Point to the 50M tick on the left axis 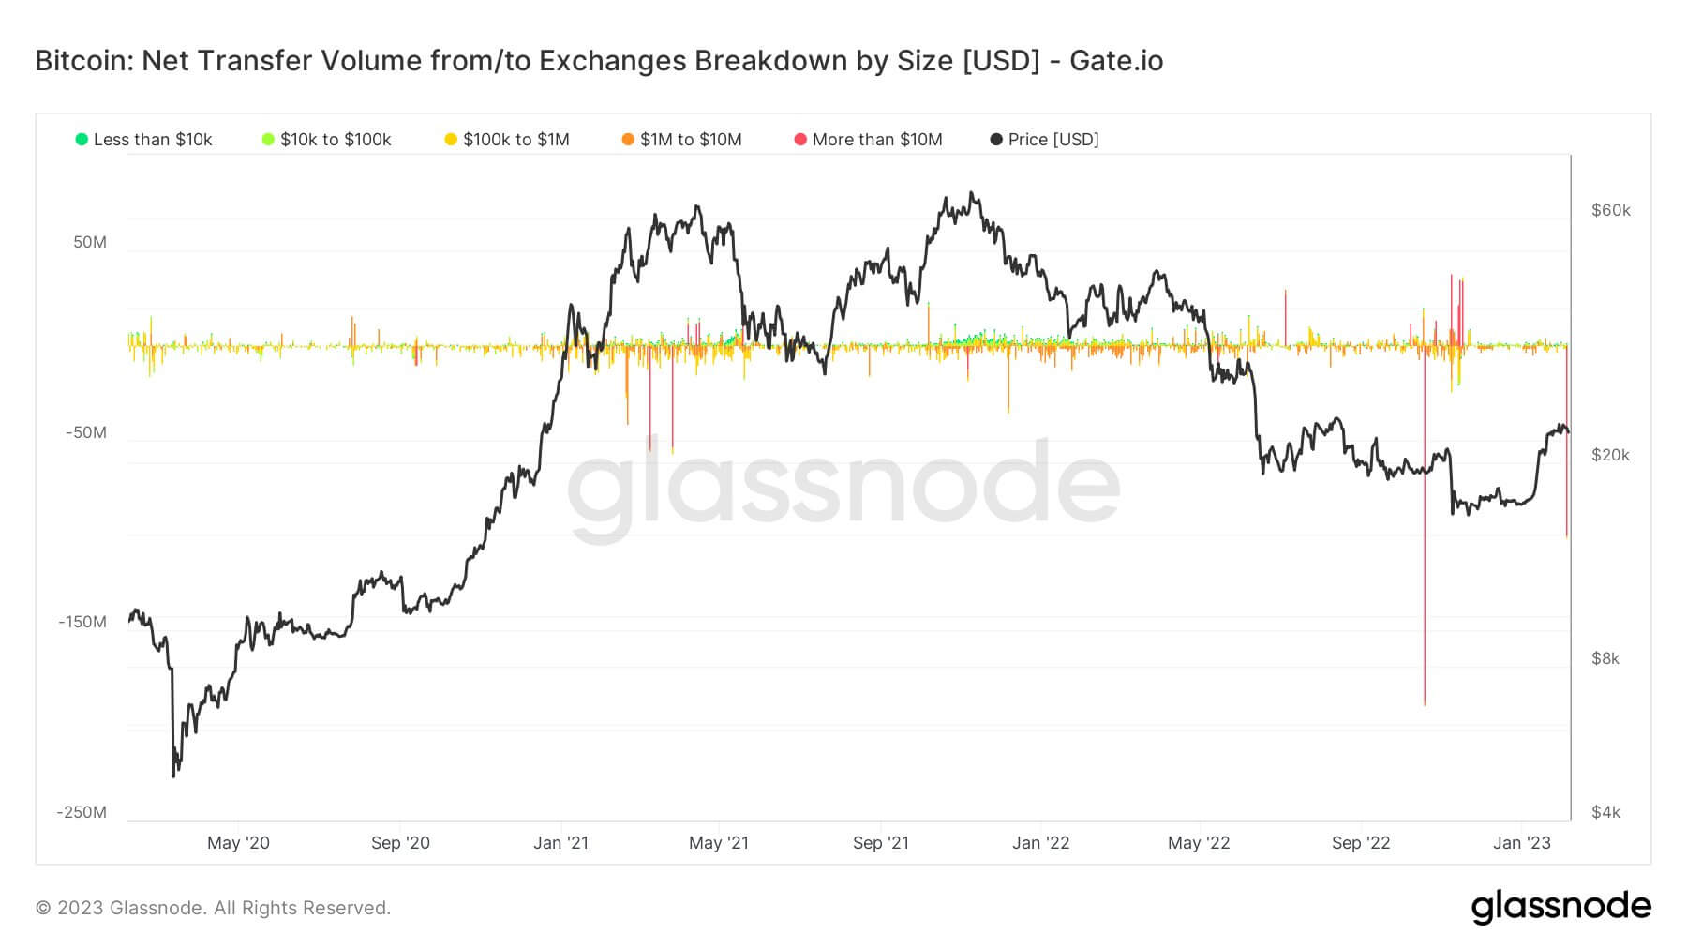pyautogui.click(x=90, y=242)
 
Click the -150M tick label pyautogui.click(x=82, y=622)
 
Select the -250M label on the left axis pyautogui.click(x=82, y=812)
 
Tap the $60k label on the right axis pyautogui.click(x=1610, y=210)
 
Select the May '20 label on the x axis pyautogui.click(x=238, y=843)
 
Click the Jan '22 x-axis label pyautogui.click(x=1040, y=843)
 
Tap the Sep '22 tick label pyautogui.click(x=1361, y=843)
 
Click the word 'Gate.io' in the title pyautogui.click(x=1116, y=61)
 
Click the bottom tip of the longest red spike pyautogui.click(x=1425, y=704)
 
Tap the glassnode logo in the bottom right pyautogui.click(x=1560, y=907)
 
